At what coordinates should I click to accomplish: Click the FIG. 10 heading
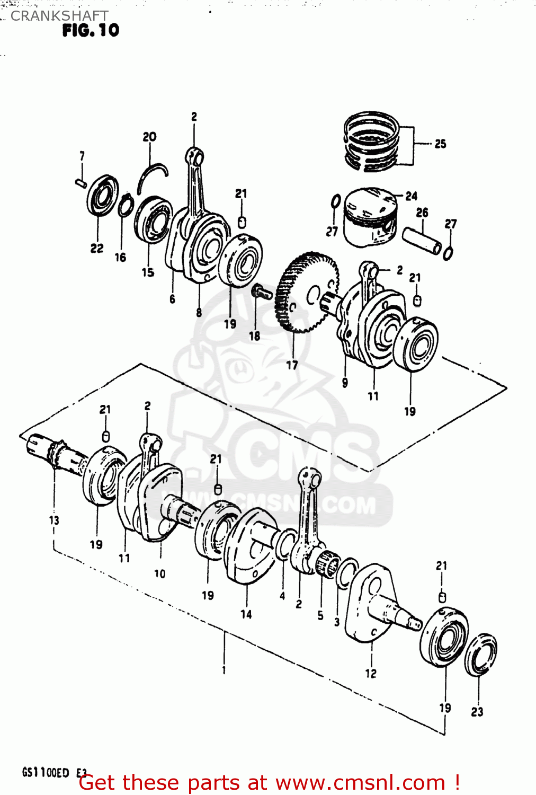coord(91,31)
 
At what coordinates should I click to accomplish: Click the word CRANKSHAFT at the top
coord(59,16)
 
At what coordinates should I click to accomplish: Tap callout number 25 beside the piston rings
coord(440,144)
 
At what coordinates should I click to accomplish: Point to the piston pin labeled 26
coord(422,241)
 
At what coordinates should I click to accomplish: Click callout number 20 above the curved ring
coord(149,137)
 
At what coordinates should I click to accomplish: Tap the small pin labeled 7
coord(81,183)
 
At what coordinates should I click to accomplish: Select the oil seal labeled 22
coord(102,196)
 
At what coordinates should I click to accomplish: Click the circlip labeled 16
coord(124,206)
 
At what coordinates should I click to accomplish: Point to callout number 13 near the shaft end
coord(54,520)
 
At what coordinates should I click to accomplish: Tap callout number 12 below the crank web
coord(370,673)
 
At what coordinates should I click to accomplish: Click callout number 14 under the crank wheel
coord(246,614)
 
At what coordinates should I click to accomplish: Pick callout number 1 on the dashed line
coord(224,670)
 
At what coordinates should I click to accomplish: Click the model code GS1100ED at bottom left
coord(45,772)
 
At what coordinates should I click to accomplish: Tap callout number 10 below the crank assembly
coord(159,573)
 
